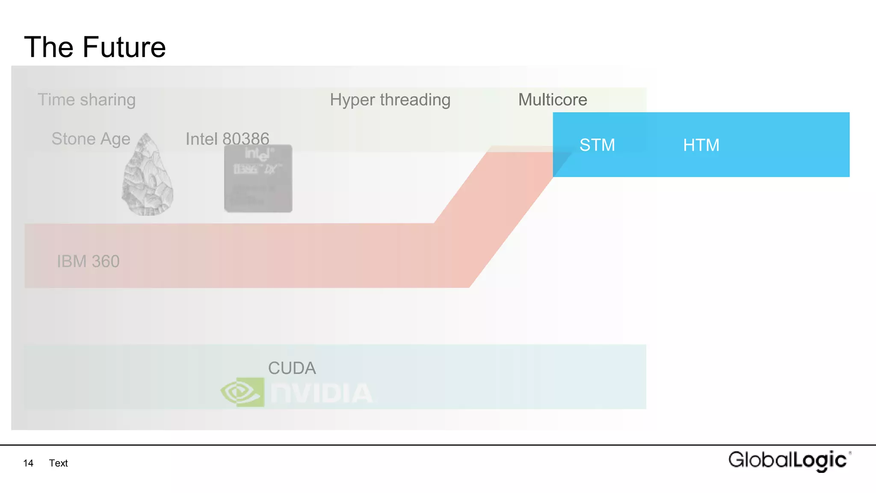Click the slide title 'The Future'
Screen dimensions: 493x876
[x=95, y=47]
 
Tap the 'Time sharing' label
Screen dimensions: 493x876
[x=87, y=100]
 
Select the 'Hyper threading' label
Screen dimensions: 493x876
[x=390, y=100]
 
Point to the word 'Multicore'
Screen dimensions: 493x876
[x=553, y=100]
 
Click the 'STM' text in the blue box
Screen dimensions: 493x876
[x=597, y=145]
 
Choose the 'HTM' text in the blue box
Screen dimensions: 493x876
[x=701, y=145]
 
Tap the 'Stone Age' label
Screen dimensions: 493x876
[x=91, y=139]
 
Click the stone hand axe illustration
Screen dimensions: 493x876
[x=148, y=175]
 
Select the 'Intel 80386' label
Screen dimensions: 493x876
[x=227, y=139]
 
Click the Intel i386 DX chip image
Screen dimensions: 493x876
[x=258, y=179]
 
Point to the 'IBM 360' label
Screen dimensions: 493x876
[x=88, y=261]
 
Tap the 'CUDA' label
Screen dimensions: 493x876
[x=292, y=368]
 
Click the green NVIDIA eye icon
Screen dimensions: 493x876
[x=243, y=392]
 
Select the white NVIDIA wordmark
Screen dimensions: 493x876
[x=321, y=393]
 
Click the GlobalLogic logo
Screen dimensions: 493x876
[x=789, y=460]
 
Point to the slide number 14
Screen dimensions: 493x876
[x=28, y=463]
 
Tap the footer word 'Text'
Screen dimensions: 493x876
[x=58, y=463]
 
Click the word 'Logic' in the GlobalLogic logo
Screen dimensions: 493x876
[x=820, y=460]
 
